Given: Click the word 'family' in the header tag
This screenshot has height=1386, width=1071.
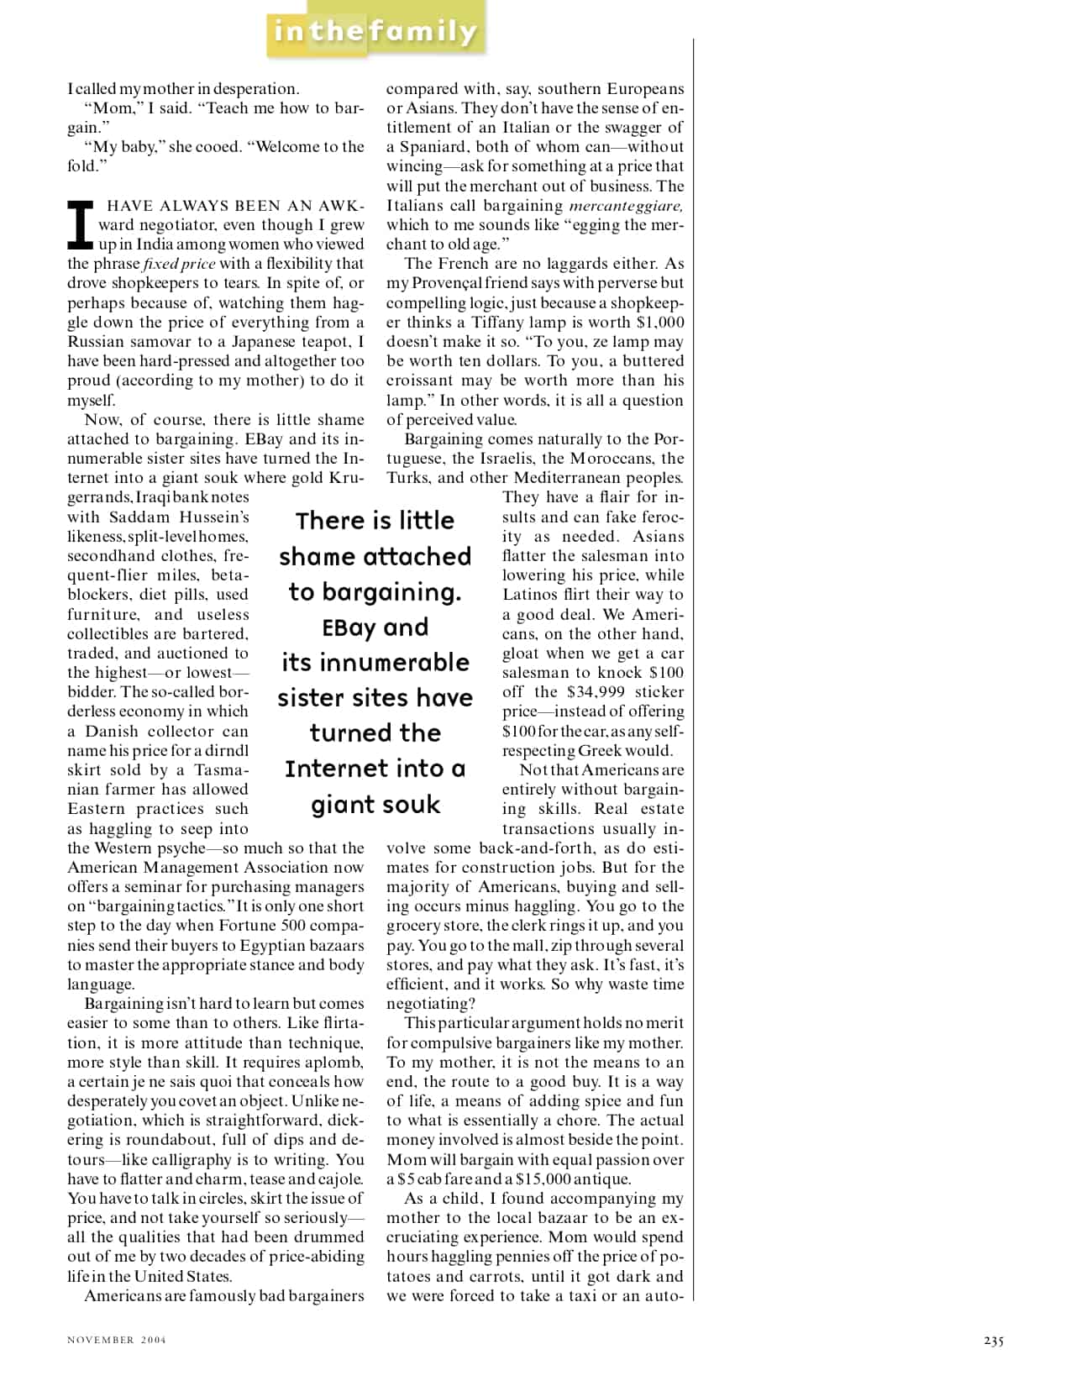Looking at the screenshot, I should coord(423,32).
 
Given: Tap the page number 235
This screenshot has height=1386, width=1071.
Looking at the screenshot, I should coord(993,1341).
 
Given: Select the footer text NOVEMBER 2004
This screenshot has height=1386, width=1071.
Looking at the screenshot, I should coord(117,1340).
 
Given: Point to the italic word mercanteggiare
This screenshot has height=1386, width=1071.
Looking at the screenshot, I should coord(626,206).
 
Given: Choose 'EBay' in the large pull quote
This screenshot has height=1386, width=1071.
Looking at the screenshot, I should coord(349,627).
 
